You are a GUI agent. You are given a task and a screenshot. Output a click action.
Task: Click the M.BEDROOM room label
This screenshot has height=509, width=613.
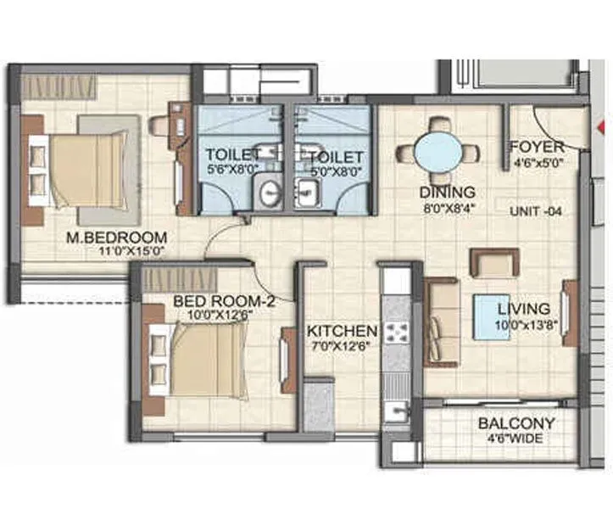pos(116,238)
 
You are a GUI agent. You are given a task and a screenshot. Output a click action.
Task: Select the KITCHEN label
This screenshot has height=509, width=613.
pos(341,330)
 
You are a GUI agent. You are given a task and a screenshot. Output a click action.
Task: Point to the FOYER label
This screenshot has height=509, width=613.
pos(537,147)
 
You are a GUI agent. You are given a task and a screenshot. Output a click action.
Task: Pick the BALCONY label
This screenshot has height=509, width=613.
pos(516,423)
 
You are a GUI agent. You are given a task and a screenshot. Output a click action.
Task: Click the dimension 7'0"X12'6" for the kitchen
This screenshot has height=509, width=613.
pos(341,345)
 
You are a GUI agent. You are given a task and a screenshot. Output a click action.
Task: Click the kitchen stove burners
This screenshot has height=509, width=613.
pos(395,333)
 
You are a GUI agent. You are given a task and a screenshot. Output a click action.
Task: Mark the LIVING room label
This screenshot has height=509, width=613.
pos(523,309)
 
